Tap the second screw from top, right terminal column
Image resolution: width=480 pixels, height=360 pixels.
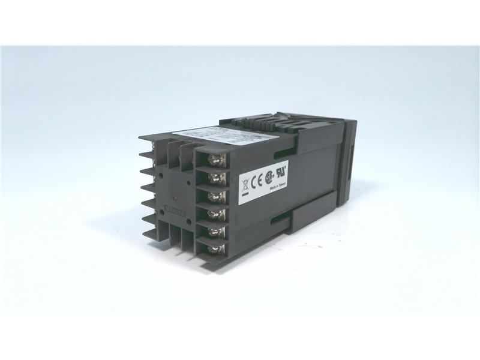click(x=216, y=178)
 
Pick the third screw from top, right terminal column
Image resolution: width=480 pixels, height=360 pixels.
click(x=217, y=196)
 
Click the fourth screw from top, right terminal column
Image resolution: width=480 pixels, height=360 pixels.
click(x=217, y=214)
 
